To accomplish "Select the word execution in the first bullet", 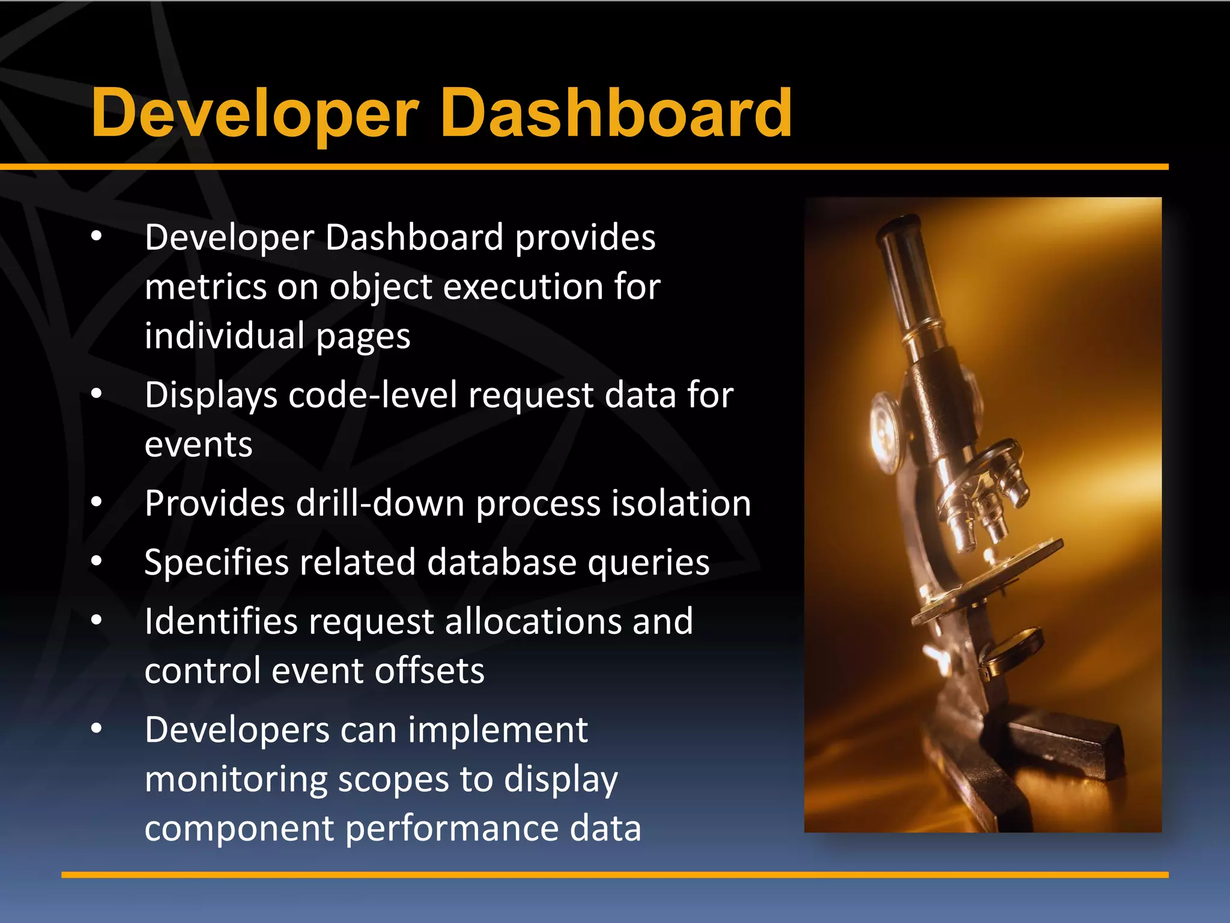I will (x=523, y=287).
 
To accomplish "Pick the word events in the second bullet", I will (x=198, y=445).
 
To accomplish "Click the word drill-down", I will (x=380, y=503).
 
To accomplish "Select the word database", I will (x=501, y=562).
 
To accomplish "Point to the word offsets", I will (x=429, y=671).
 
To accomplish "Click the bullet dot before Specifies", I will (x=97, y=561).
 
